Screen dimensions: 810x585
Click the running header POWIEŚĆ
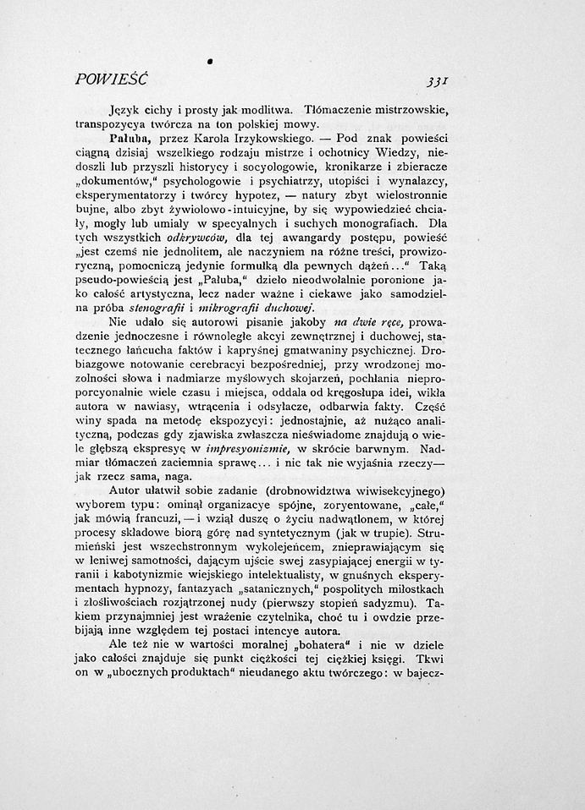click(111, 80)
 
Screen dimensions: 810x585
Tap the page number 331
click(438, 82)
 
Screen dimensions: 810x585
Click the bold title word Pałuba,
click(129, 136)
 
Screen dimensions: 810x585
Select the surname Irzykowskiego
click(273, 136)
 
